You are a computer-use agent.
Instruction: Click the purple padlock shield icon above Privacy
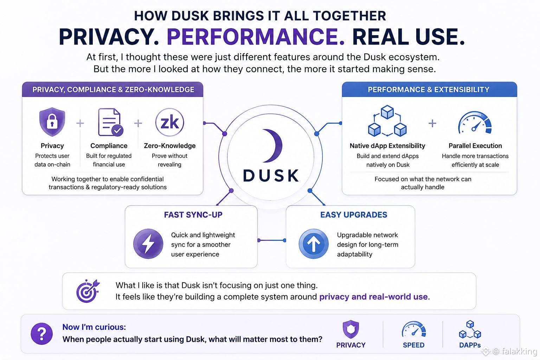(52, 122)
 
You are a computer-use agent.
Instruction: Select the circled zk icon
(169, 122)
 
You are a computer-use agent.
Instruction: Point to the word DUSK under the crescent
(271, 175)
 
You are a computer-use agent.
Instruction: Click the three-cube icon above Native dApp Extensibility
(387, 121)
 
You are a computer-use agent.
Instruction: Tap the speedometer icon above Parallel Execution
(475, 122)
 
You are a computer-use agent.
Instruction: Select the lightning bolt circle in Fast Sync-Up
(148, 244)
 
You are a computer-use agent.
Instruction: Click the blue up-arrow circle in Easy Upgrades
(313, 244)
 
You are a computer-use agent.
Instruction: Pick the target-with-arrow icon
(88, 291)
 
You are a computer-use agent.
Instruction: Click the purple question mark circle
(42, 334)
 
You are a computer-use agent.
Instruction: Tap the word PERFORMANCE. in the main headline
(256, 37)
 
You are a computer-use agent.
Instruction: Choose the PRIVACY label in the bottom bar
(351, 345)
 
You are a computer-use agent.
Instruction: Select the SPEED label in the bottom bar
(414, 345)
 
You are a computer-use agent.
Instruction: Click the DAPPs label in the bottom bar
(470, 345)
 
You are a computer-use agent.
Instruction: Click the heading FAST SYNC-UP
(193, 214)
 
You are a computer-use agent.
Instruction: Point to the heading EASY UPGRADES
(354, 214)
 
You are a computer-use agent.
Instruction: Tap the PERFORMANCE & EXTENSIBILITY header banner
(429, 89)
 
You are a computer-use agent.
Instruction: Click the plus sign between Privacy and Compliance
(80, 123)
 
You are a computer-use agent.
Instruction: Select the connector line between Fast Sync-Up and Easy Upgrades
(272, 240)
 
